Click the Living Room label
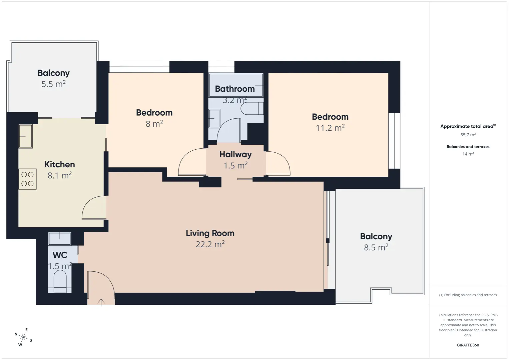(x=210, y=233)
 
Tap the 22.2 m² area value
(x=210, y=244)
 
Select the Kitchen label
(x=59, y=164)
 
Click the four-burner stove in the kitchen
(x=27, y=179)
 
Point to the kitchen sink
(x=26, y=136)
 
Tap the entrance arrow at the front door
(x=101, y=303)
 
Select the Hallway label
(x=235, y=154)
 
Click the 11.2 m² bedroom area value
(x=330, y=128)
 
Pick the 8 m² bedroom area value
(x=154, y=124)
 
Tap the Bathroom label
(x=235, y=89)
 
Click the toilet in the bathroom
(x=252, y=108)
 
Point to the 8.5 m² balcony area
(x=376, y=247)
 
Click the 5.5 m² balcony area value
(x=53, y=84)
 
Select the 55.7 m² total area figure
(x=468, y=135)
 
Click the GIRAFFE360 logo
(x=468, y=345)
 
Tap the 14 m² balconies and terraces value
(x=468, y=154)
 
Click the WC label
(x=60, y=255)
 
